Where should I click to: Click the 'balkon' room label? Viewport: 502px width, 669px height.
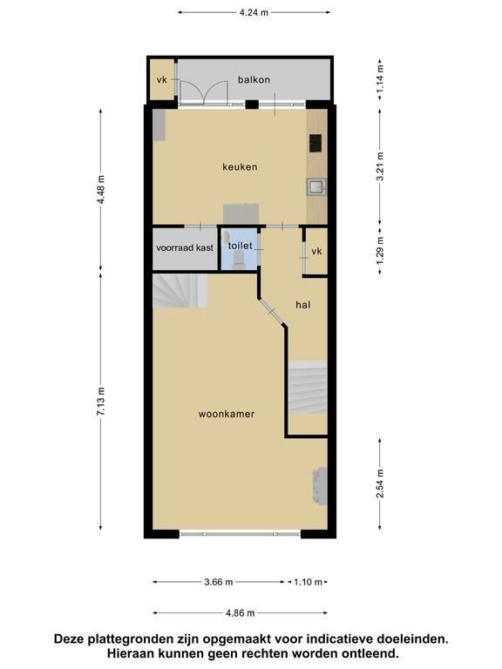point(254,80)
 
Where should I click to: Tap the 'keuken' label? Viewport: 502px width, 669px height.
point(240,167)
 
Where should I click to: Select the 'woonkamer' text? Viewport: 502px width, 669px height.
point(227,414)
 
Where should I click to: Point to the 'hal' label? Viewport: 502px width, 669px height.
point(302,305)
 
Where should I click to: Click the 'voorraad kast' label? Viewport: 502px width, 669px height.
point(185,248)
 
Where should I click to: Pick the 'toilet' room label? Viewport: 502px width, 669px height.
point(241,246)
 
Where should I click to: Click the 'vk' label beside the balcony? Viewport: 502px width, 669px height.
point(162,80)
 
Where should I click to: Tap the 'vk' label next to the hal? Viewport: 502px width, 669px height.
point(316,251)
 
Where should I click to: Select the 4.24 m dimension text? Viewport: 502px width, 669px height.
point(254,12)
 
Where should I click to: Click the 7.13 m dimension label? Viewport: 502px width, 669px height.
point(101,402)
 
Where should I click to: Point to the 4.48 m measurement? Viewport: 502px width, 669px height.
point(101,190)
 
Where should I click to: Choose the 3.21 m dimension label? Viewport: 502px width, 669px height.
point(380,166)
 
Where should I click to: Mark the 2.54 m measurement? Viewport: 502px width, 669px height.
point(380,483)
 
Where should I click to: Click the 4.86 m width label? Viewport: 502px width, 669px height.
point(240,613)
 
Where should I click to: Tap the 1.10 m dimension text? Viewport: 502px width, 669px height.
point(308,582)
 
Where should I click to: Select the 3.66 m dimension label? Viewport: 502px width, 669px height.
point(219,582)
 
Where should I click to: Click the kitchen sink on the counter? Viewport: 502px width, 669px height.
point(316,187)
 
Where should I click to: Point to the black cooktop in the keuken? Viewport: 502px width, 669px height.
point(315,144)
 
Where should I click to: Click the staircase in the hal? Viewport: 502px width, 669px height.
point(308,388)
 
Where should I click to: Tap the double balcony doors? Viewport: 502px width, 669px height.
point(203,92)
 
